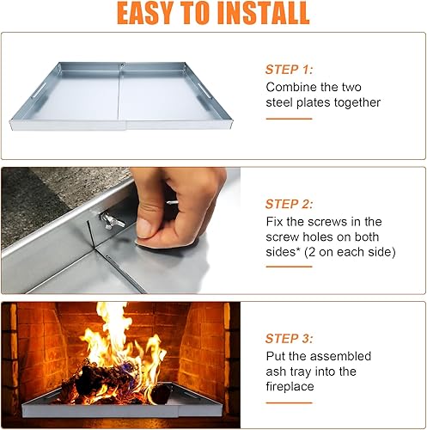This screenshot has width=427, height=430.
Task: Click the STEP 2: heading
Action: click(291, 204)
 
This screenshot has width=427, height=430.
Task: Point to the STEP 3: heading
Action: click(290, 339)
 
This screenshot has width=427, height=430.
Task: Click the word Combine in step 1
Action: click(290, 87)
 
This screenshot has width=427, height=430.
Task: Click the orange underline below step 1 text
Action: click(288, 119)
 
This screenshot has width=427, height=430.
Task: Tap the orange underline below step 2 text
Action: click(288, 267)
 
